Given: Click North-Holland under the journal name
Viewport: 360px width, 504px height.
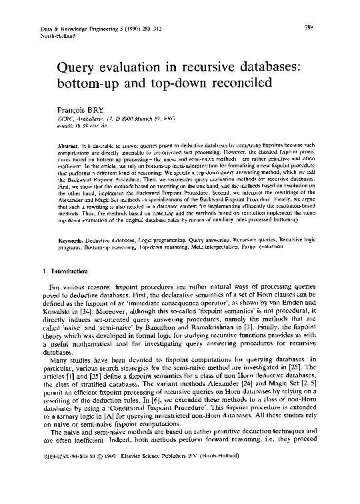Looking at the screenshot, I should pos(51,37).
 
